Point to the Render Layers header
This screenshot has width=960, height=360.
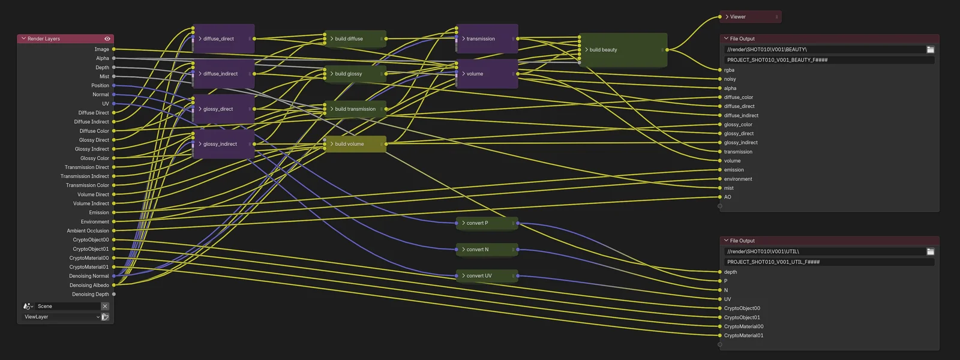click(60, 39)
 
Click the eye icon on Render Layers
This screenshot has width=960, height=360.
click(107, 39)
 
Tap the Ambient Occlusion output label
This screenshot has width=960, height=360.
click(88, 231)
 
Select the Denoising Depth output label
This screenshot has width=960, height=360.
click(91, 295)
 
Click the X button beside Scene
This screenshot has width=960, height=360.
click(105, 306)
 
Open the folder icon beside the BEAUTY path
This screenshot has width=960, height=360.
click(931, 50)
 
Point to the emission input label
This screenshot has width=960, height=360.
click(734, 170)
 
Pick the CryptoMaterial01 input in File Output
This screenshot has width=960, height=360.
click(743, 335)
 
